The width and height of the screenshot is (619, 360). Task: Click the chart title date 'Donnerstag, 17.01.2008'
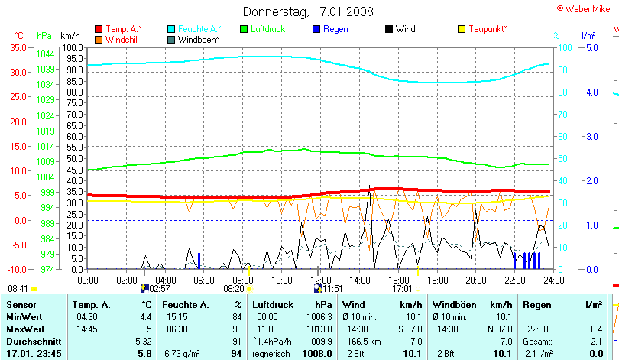pyautogui.click(x=309, y=11)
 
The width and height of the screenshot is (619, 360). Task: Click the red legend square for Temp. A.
pyautogui.click(x=99, y=29)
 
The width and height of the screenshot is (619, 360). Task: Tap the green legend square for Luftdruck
pyautogui.click(x=245, y=29)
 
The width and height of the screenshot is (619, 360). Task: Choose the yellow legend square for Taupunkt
pyautogui.click(x=462, y=29)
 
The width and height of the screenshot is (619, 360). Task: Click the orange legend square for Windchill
pyautogui.click(x=99, y=39)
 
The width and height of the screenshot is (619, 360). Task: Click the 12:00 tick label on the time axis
pyautogui.click(x=321, y=280)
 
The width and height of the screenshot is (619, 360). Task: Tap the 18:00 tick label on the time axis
pyautogui.click(x=438, y=280)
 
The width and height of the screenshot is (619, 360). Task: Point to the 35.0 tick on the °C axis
pyautogui.click(x=18, y=47)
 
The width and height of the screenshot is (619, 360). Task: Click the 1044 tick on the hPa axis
pyautogui.click(x=45, y=54)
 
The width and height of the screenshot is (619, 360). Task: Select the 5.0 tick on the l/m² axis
pyautogui.click(x=591, y=47)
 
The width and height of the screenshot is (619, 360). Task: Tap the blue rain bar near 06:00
pyautogui.click(x=199, y=261)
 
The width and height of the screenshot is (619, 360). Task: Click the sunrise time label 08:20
pyautogui.click(x=233, y=290)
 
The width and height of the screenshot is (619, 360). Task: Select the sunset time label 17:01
pyautogui.click(x=402, y=290)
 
